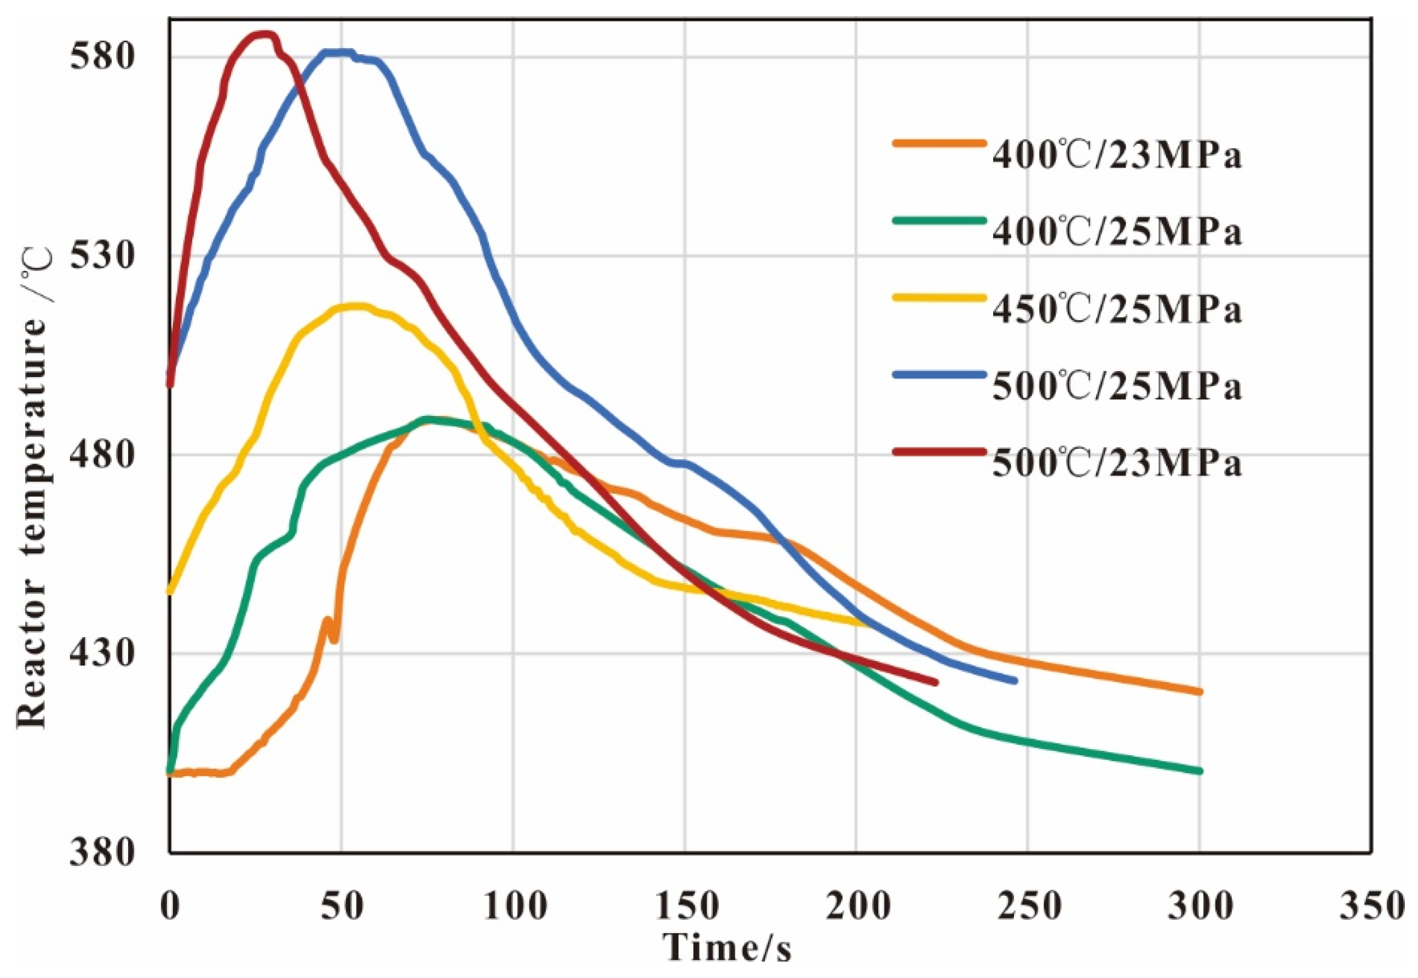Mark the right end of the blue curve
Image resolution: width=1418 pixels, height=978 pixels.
click(x=1014, y=681)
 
